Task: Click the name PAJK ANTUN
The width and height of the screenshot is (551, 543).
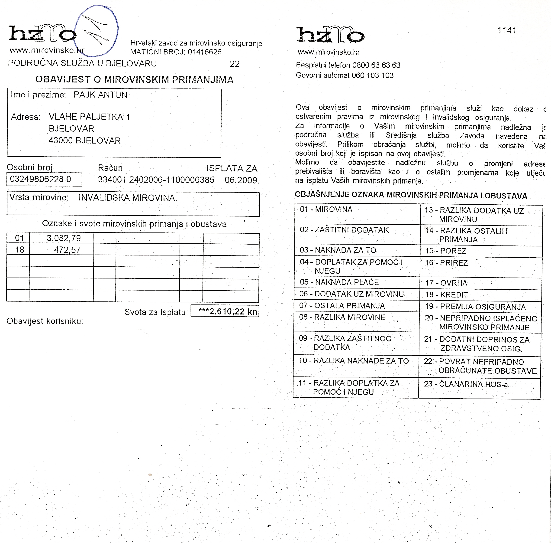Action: [100, 95]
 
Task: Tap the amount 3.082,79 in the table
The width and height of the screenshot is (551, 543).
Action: [64, 238]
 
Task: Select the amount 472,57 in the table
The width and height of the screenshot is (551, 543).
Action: [67, 250]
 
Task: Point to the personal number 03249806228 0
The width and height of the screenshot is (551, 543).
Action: [40, 179]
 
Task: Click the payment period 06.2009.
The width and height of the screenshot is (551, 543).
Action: [241, 180]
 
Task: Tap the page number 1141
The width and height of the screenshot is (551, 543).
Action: [506, 30]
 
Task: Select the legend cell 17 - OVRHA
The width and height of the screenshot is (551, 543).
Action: [446, 283]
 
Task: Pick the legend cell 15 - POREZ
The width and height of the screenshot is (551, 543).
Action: [446, 251]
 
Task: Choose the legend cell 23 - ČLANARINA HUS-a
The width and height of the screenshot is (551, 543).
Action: [466, 384]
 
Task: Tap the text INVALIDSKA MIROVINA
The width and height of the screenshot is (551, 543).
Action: [127, 198]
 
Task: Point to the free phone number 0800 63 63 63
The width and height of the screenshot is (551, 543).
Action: [376, 65]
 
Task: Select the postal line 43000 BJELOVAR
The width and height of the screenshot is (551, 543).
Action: [85, 140]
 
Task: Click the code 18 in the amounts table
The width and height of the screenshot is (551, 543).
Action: [19, 250]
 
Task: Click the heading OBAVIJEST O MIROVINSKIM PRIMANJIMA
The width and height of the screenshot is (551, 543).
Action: [134, 80]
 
